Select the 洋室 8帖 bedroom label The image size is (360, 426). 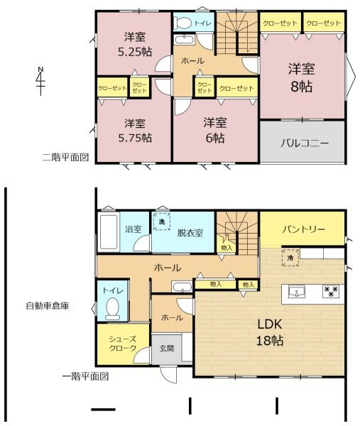point(302,77)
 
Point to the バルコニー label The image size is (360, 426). point(305,143)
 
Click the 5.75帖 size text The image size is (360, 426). point(135,138)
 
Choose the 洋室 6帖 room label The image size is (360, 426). point(215,131)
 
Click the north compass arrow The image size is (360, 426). point(40,81)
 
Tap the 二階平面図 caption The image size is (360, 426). point(65,157)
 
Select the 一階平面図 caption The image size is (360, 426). point(86,376)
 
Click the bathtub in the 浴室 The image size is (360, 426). point(109,231)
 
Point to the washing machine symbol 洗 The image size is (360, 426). point(162,222)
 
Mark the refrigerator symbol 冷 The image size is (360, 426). point(290,257)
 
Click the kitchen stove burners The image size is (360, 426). point(331,290)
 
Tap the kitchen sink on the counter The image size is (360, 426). point(296,292)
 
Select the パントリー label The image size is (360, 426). point(303,229)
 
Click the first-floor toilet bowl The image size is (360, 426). point(112,309)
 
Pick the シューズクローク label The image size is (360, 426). point(123,344)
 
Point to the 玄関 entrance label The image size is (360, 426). point(167,349)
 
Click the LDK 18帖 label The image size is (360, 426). point(270,332)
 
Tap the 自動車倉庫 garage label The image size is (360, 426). point(48,306)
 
